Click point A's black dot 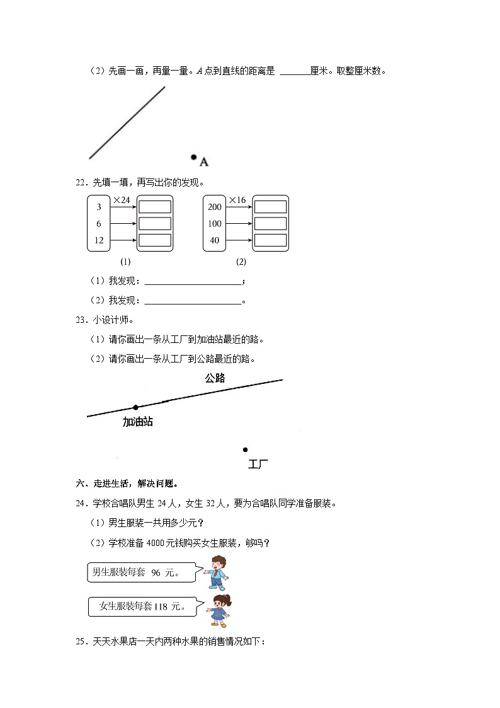194,157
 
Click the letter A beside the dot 204,163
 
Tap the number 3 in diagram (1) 99,207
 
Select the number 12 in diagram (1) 99,240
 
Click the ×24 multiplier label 122,200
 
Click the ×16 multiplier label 237,200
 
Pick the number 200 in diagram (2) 215,207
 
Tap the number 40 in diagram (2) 215,240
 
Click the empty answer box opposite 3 155,207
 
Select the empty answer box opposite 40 271,240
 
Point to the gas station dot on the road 135,407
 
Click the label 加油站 137,422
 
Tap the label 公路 215,378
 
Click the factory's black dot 245,450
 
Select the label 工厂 258,465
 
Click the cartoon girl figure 220,610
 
